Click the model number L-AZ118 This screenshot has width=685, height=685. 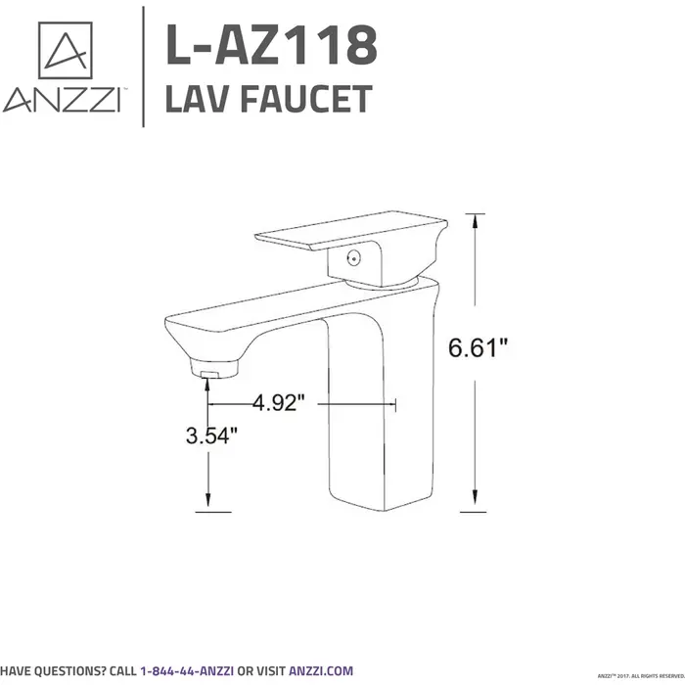[270, 46]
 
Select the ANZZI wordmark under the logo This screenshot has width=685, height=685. [61, 101]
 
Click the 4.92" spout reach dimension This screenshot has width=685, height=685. [280, 402]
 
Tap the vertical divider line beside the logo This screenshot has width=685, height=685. [144, 67]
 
